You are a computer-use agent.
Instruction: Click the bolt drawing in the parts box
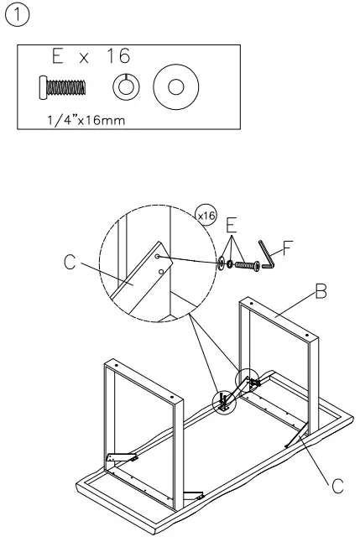(64, 86)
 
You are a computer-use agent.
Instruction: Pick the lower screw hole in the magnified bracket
(161, 272)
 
